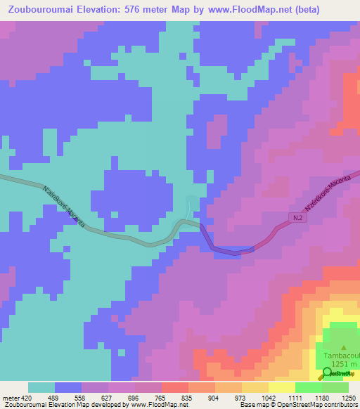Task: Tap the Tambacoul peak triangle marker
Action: click(x=344, y=347)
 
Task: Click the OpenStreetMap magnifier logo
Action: click(x=326, y=374)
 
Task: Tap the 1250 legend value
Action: click(x=348, y=397)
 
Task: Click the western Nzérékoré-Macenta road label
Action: click(x=63, y=206)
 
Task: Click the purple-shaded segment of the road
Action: click(x=225, y=246)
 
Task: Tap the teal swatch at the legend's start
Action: click(x=41, y=387)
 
